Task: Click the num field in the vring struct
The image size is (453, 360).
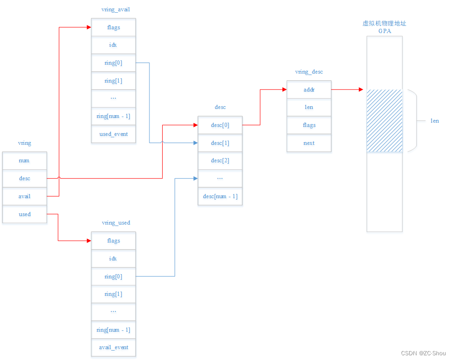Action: coord(25,160)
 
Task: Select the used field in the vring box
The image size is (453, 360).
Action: coord(25,214)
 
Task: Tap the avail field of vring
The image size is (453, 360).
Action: coord(25,196)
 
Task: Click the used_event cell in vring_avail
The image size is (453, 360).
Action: coord(113,134)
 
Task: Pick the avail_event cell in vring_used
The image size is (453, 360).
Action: coord(113,347)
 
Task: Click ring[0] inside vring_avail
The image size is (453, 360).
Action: coord(113,63)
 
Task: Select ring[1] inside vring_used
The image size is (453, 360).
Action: coord(113,294)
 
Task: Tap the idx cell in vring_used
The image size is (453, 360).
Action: coord(113,259)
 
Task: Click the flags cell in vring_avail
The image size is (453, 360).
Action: coord(113,27)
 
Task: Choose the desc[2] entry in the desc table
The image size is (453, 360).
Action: coord(220,160)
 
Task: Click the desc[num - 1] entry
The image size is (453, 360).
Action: coord(220,196)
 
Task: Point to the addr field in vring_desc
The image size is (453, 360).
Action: coord(309,89)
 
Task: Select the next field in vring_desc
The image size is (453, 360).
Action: coord(309,143)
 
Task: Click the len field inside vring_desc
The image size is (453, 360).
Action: coord(309,107)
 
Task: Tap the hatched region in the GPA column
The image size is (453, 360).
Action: coord(384,121)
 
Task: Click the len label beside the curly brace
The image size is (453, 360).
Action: coord(434,121)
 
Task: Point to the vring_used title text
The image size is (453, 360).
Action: coord(116,223)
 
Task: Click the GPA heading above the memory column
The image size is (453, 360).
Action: coord(384,31)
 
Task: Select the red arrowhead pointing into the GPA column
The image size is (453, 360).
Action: coord(361,89)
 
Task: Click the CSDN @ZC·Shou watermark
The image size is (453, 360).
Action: coord(423,353)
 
